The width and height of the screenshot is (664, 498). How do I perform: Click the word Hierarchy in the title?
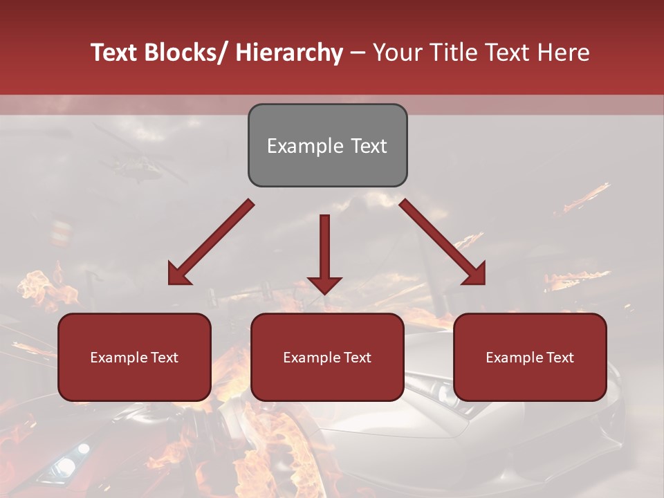pos(289,53)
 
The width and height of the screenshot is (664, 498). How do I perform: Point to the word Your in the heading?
pos(398,53)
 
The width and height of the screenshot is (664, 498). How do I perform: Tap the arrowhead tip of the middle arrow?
pos(324,293)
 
